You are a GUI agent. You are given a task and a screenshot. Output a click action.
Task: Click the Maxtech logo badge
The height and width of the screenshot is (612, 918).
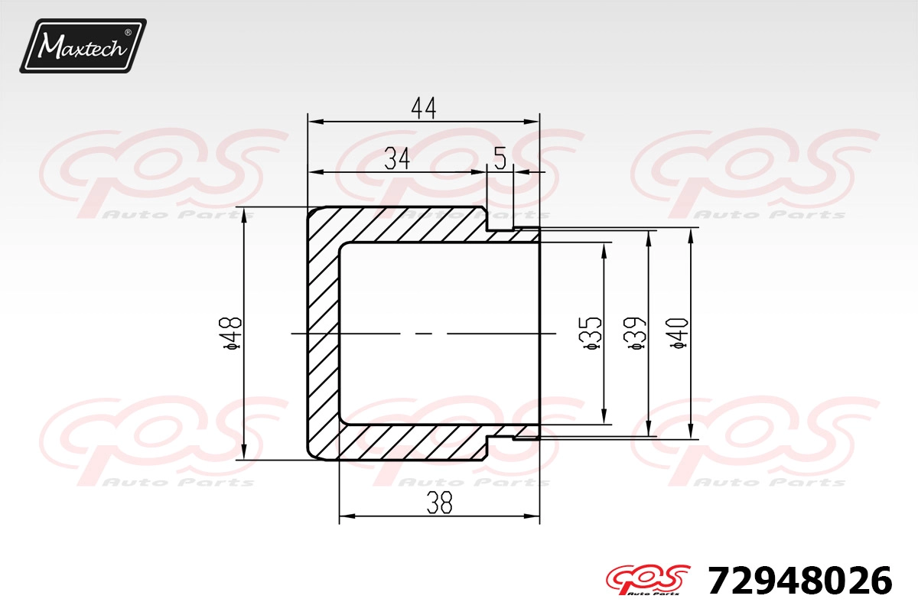83,46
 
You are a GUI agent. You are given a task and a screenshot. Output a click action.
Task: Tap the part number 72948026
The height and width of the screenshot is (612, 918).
800,581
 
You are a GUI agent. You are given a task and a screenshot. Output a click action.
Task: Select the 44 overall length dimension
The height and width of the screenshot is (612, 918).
424,108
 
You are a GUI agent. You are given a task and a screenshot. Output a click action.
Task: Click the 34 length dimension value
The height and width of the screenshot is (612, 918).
397,158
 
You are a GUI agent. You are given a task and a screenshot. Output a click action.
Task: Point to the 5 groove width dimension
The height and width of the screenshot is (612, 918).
500,158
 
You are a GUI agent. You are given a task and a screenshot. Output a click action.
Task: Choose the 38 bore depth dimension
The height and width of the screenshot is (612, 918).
439,503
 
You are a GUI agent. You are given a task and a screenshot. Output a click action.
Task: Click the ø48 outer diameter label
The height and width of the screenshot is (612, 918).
233,334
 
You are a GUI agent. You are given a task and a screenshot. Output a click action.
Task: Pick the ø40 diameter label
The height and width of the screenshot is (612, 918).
679,334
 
